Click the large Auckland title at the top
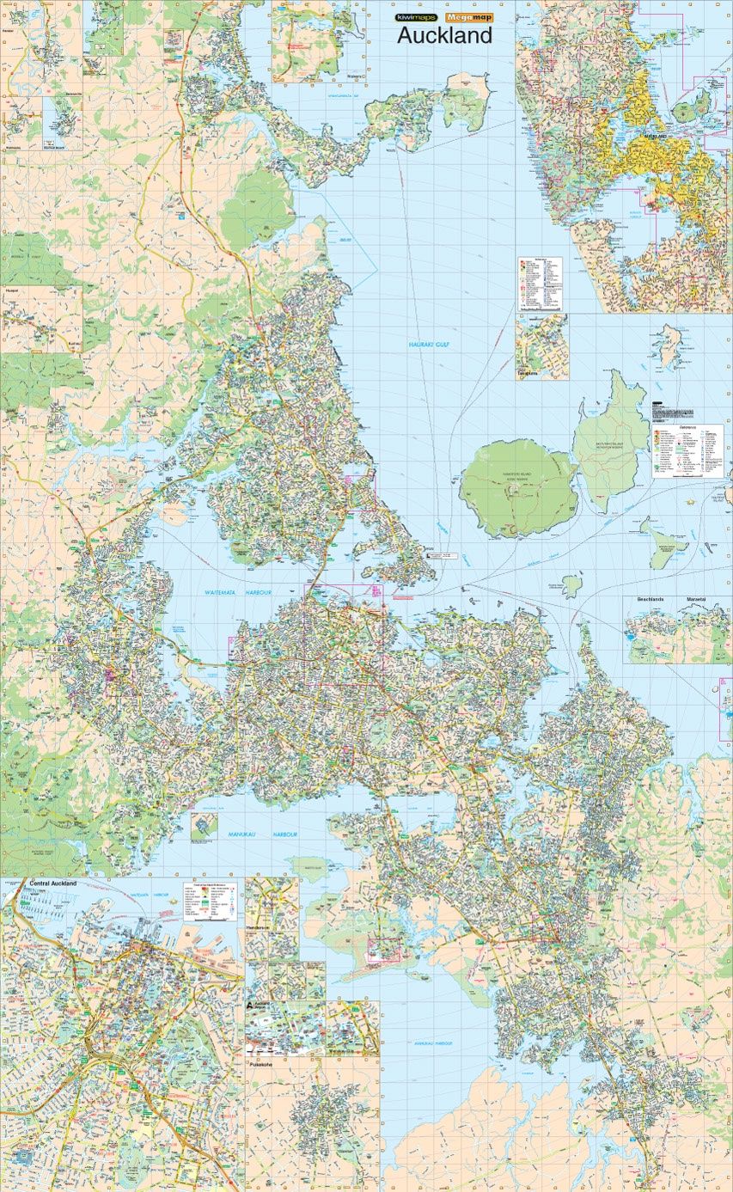[443, 35]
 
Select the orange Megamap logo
[469, 17]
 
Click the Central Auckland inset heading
[53, 883]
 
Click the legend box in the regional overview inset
[540, 283]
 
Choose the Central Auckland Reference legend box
[211, 901]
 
